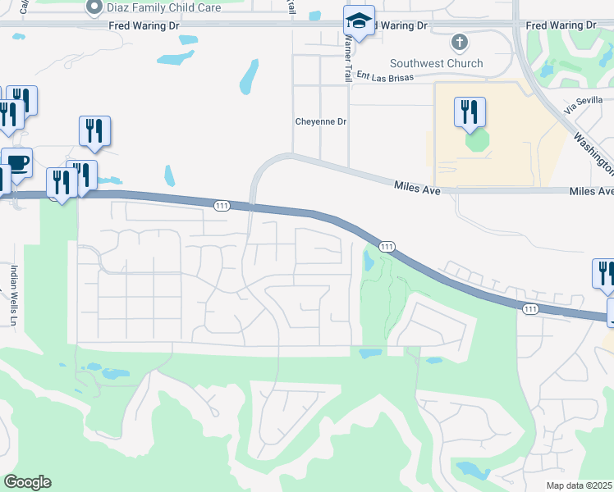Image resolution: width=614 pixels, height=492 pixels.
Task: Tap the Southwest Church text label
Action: point(436,63)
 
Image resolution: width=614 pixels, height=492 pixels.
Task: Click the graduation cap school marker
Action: point(359,21)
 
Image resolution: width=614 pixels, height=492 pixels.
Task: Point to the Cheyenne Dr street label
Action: point(322,121)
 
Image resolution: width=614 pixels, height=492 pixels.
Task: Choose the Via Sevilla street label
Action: point(583,102)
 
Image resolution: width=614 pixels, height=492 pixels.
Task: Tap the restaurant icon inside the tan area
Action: point(470,112)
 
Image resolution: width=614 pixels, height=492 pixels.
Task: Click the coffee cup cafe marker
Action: point(16,162)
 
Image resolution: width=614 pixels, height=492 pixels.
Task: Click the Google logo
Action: point(27,482)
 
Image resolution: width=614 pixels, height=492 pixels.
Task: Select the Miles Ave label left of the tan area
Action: point(417,190)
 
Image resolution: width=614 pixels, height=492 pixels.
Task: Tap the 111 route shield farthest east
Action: point(530,308)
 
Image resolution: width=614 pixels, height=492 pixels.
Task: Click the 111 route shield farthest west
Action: point(222,206)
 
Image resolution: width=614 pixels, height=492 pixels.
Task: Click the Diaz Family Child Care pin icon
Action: point(93,7)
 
